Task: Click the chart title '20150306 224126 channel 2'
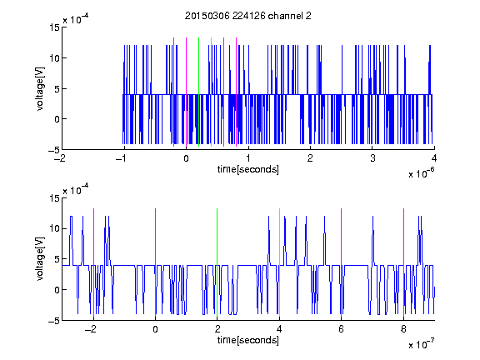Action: (x=248, y=16)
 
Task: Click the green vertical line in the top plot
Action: (x=198, y=92)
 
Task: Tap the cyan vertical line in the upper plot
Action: (x=211, y=92)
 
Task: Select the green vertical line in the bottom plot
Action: (x=217, y=262)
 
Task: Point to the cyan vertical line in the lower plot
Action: (x=279, y=262)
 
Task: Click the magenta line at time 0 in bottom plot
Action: (x=155, y=262)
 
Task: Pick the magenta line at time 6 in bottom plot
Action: (x=342, y=262)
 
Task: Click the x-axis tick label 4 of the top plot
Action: (x=434, y=158)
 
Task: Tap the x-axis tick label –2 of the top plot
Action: (x=62, y=158)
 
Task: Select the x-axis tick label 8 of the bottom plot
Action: (x=403, y=329)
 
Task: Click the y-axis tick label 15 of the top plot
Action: (x=54, y=27)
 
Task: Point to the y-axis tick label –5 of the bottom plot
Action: (x=53, y=321)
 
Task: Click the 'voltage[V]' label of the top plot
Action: (x=40, y=89)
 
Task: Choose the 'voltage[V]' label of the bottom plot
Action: (x=40, y=259)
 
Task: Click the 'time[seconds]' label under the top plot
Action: (x=248, y=169)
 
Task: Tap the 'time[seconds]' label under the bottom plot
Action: (x=248, y=340)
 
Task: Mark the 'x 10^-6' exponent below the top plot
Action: (x=422, y=172)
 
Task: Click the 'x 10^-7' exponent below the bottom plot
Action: (x=422, y=343)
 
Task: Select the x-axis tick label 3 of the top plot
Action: (x=372, y=158)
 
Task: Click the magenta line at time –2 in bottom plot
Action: (x=93, y=262)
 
